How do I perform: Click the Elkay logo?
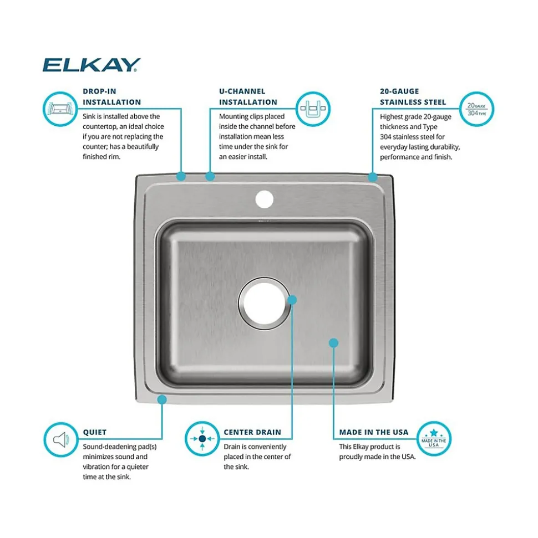pos(91,65)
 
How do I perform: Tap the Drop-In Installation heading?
pos(111,96)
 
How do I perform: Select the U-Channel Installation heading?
pos(248,96)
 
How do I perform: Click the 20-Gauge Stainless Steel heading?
pos(413,96)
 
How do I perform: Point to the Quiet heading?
pos(94,432)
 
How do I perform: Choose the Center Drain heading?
pos(252,432)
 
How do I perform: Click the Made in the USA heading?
pos(374,432)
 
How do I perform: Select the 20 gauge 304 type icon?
pos(476,108)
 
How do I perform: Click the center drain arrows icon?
pos(202,439)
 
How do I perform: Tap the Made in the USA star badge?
pos(434,438)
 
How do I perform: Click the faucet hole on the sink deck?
pos(265,199)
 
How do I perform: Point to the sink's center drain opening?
pos(263,303)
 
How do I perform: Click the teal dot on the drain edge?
pos(292,300)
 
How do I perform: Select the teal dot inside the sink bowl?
pos(333,343)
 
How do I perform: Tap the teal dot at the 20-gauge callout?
pos(373,177)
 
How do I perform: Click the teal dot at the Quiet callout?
pos(162,398)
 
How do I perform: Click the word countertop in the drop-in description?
pos(102,126)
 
